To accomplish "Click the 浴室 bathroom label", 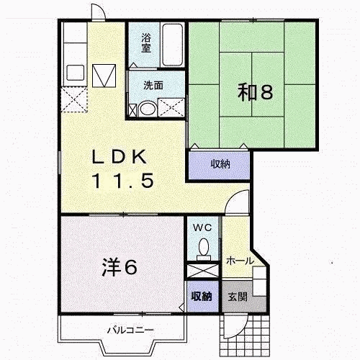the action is (x=146, y=42).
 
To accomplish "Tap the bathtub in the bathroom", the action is (x=172, y=45).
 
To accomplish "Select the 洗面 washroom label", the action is (x=153, y=85).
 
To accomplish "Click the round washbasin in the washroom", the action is (x=148, y=109).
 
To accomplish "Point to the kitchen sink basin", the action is (x=76, y=73).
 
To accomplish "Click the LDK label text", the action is (x=120, y=157).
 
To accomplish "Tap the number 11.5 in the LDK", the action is (x=123, y=181).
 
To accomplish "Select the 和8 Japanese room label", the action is (x=255, y=92).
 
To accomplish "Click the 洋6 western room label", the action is (x=120, y=267).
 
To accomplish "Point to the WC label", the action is (x=202, y=228).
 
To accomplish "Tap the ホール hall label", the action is (x=240, y=261).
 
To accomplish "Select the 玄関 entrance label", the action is (x=238, y=297).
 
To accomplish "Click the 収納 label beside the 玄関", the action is (x=202, y=297).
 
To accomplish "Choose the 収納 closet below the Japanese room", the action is (x=220, y=165).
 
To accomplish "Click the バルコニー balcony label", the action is (x=130, y=330).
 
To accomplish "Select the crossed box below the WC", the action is (x=203, y=271).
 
